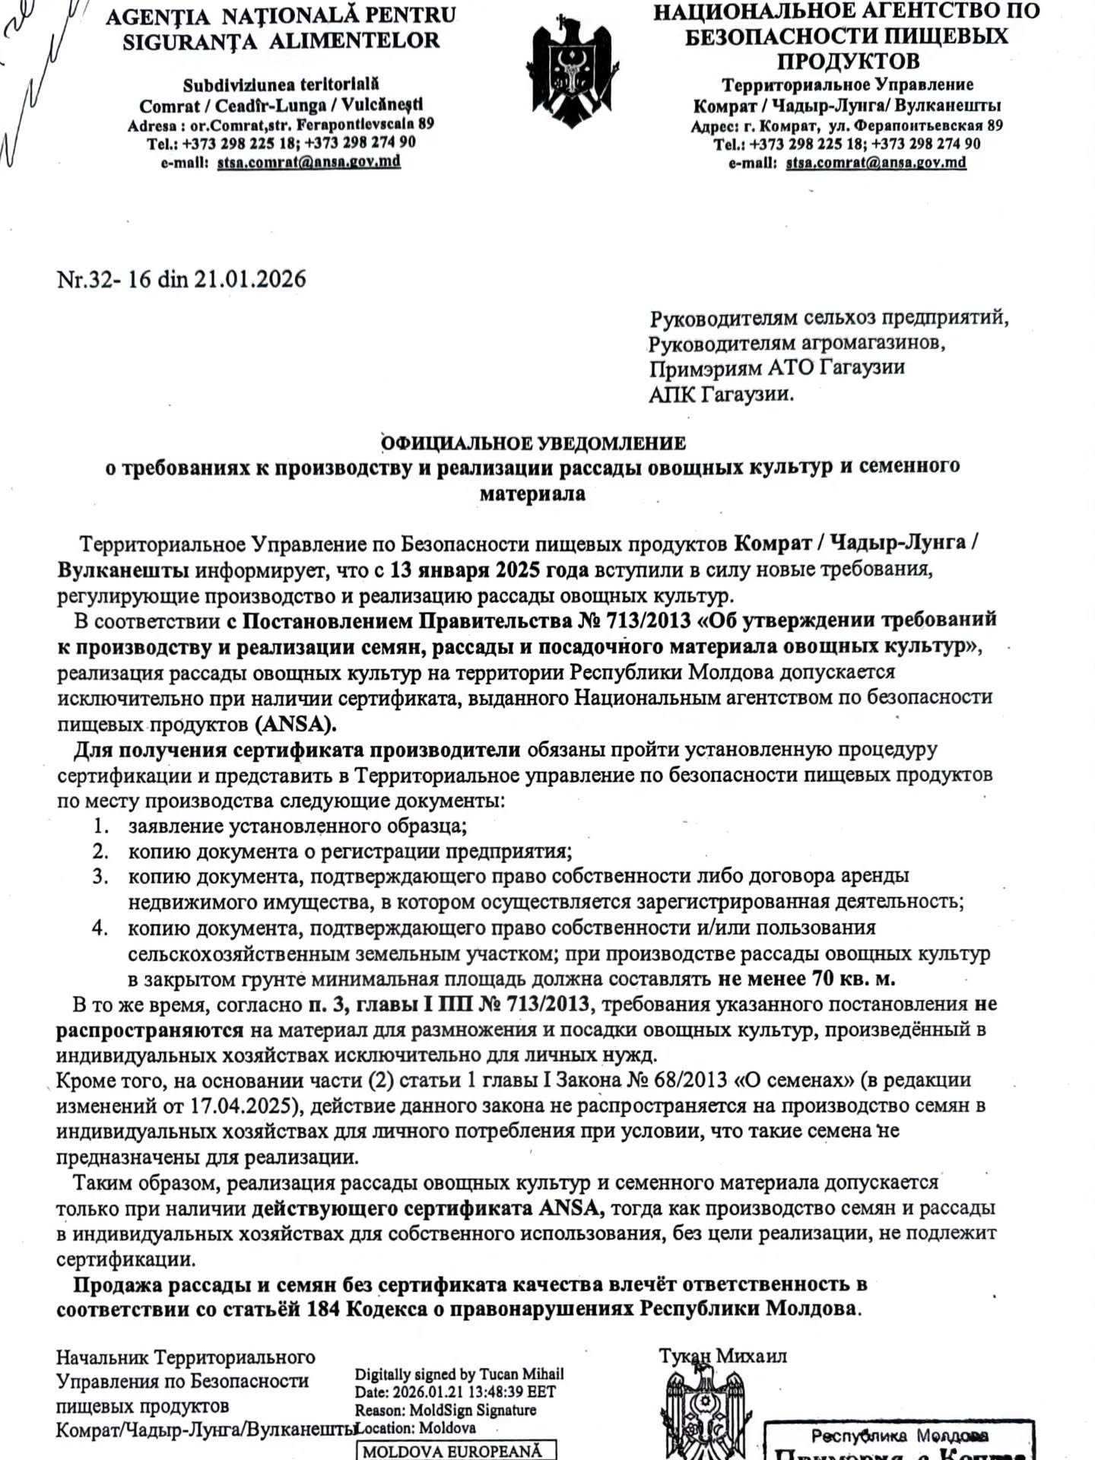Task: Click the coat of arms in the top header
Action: pos(571,72)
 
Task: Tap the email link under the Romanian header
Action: pos(309,162)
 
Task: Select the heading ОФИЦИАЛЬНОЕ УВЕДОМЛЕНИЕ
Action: pos(533,443)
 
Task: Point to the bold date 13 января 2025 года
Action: pos(490,570)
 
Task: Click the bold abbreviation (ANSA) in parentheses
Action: pos(296,723)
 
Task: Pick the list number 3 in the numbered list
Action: pos(100,877)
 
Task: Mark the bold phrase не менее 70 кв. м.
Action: pos(806,978)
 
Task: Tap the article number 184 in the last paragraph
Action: pos(323,1309)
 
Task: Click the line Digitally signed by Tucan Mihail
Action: pos(459,1374)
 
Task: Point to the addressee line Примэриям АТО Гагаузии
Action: pos(776,368)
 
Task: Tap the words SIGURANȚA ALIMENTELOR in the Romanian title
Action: pos(281,41)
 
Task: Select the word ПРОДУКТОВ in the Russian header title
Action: pos(848,61)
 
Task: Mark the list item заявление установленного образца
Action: pos(297,826)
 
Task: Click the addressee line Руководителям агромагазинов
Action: pos(797,343)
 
